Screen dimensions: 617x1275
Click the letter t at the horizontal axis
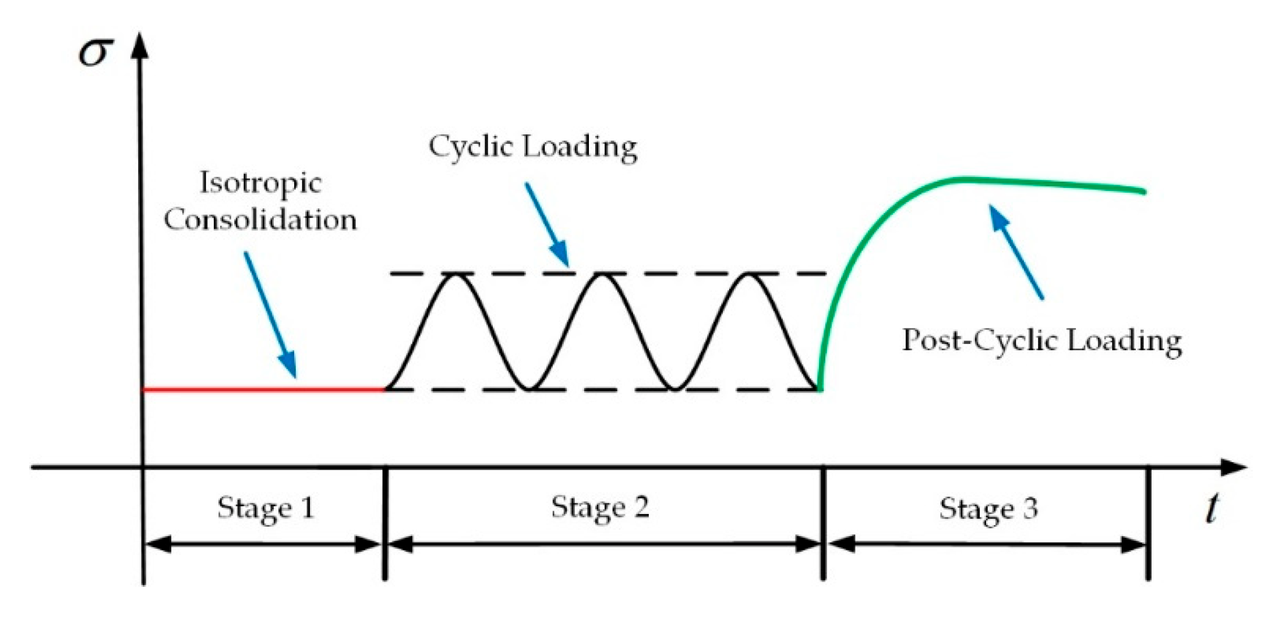pyautogui.click(x=1212, y=509)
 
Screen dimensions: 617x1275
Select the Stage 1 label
pyautogui.click(x=266, y=508)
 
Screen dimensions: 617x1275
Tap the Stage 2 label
pyautogui.click(x=600, y=506)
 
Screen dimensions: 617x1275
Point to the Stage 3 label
pyautogui.click(x=988, y=508)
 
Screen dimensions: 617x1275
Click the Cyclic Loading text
pyautogui.click(x=532, y=146)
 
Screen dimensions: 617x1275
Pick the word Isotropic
pyautogui.click(x=260, y=183)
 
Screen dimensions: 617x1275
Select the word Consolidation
pyautogui.click(x=260, y=219)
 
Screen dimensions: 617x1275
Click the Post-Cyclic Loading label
pyautogui.click(x=1041, y=340)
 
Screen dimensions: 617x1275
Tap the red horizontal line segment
pyautogui.click(x=262, y=389)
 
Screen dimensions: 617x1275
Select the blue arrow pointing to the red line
pyautogui.click(x=270, y=314)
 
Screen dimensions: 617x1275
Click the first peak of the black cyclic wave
pyautogui.click(x=455, y=275)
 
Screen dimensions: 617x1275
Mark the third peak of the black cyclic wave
pyautogui.click(x=749, y=275)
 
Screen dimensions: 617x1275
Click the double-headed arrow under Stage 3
pyautogui.click(x=987, y=545)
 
